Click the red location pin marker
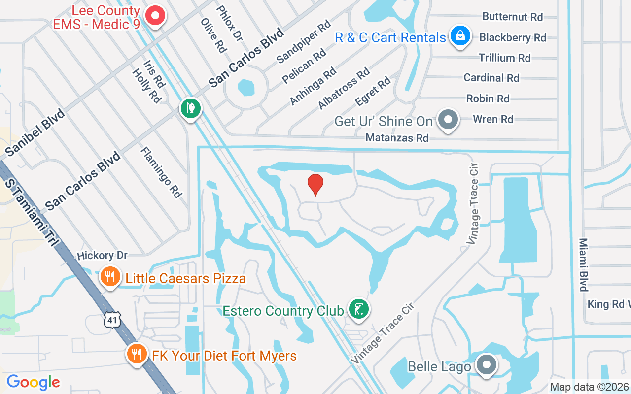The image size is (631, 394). tap(315, 184)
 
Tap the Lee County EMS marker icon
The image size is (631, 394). tap(156, 16)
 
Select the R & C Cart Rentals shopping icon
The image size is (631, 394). tap(459, 36)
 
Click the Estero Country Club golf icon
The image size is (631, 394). tap(359, 309)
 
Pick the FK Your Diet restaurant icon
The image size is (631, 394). tap(137, 354)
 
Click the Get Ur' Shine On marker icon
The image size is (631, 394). tap(449, 120)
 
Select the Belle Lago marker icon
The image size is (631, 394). tap(487, 365)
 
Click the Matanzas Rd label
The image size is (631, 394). tap(397, 138)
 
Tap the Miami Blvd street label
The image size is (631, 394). tap(584, 265)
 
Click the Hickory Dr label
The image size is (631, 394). tap(102, 255)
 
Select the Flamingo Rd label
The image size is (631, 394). tap(161, 172)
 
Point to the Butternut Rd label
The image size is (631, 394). tap(513, 17)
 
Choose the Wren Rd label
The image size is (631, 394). tap(493, 119)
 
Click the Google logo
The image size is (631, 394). tap(33, 382)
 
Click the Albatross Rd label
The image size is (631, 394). tap(344, 89)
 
